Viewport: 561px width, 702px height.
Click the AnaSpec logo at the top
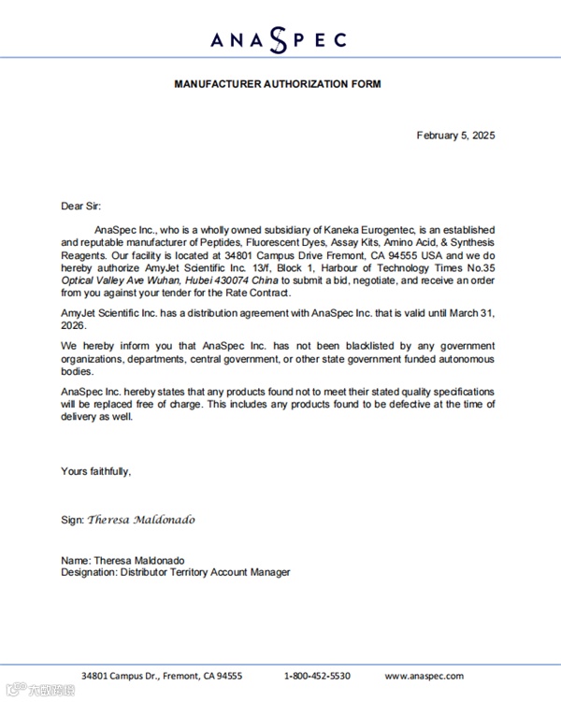[279, 38]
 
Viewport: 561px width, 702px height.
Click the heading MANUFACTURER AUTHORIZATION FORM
[278, 84]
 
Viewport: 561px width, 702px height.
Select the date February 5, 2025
[455, 136]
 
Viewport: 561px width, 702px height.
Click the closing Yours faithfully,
[95, 471]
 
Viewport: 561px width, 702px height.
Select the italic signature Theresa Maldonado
[141, 519]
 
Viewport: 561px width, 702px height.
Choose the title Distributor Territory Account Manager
[205, 572]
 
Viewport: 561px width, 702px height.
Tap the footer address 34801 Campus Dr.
[122, 676]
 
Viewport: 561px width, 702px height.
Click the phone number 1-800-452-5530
[317, 676]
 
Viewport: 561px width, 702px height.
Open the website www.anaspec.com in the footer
[425, 676]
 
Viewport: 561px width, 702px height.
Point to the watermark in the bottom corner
[39, 691]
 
